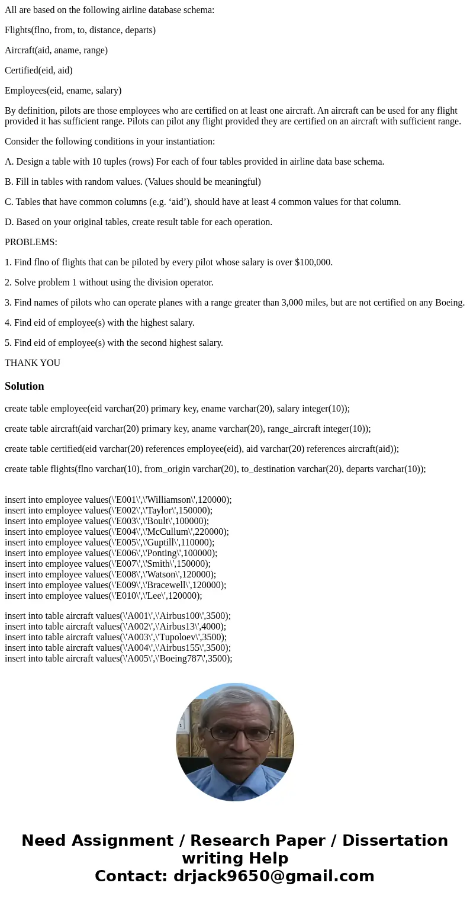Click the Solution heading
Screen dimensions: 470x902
24,386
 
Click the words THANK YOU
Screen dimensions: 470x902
33,363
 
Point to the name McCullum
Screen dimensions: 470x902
165,532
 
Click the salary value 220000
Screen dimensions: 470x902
209,532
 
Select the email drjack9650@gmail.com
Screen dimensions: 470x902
274,876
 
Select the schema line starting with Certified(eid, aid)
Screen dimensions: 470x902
38,70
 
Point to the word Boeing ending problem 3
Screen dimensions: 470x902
449,303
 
